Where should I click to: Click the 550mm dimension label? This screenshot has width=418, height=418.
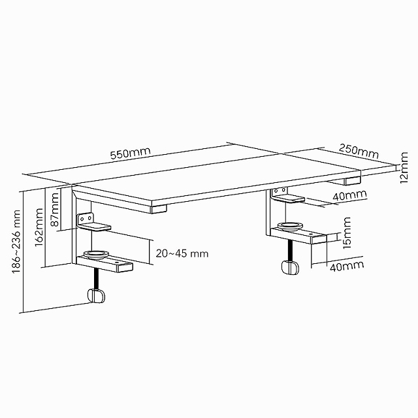[x=131, y=153]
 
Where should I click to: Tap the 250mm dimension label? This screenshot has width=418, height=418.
[x=359, y=152]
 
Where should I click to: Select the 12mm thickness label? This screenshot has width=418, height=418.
[x=404, y=167]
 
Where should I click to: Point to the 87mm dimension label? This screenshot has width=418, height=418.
[x=55, y=210]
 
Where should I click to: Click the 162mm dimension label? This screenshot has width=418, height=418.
[x=39, y=227]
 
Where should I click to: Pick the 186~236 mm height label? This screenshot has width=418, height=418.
[x=16, y=242]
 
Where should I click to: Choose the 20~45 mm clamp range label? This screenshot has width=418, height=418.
[x=182, y=253]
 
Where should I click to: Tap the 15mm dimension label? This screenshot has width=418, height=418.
[x=347, y=233]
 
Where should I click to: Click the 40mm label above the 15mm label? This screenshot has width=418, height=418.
[x=349, y=195]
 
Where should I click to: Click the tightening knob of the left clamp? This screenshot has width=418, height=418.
[x=96, y=296]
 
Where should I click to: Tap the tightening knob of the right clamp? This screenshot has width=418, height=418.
[x=290, y=267]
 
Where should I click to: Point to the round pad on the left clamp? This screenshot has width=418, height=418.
[x=96, y=254]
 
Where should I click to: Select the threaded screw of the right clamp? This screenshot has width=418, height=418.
[x=290, y=250]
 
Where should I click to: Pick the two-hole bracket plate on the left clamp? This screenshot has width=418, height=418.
[x=86, y=219]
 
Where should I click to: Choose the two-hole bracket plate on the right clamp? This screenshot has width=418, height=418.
[x=279, y=191]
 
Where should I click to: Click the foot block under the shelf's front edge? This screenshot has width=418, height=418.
[x=159, y=209]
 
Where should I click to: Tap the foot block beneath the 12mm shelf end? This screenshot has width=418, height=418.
[x=353, y=181]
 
